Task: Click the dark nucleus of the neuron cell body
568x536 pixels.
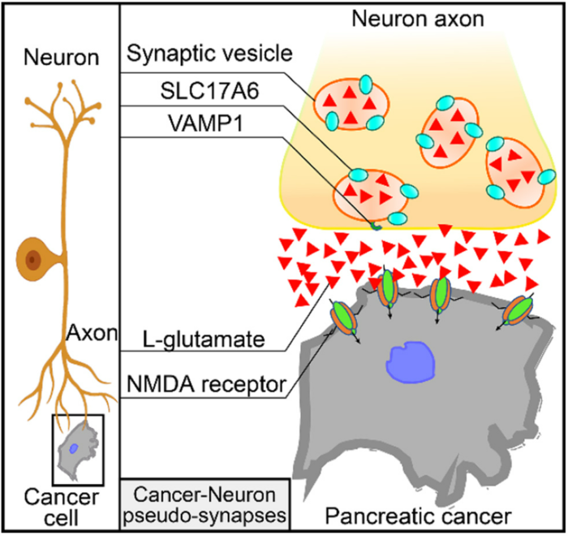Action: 33,259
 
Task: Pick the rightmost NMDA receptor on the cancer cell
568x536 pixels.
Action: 519,309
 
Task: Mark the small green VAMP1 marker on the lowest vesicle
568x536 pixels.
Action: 376,225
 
